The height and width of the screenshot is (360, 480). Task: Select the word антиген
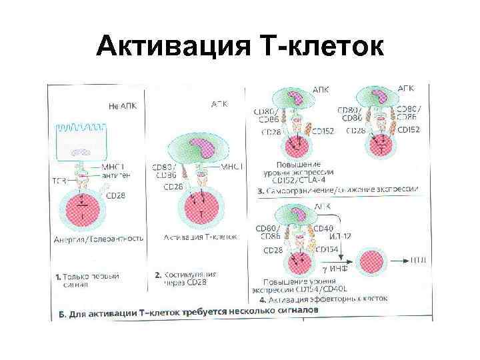pos(117,175)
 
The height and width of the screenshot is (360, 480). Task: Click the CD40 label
pos(340,227)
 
